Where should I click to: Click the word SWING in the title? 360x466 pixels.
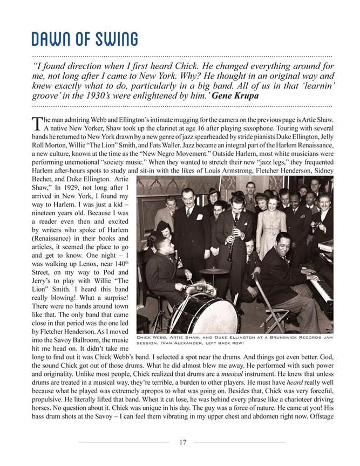(115, 39)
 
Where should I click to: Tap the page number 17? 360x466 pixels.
(182, 442)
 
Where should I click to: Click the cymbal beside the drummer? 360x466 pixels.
(214, 271)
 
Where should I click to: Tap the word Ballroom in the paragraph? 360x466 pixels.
(97, 340)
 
